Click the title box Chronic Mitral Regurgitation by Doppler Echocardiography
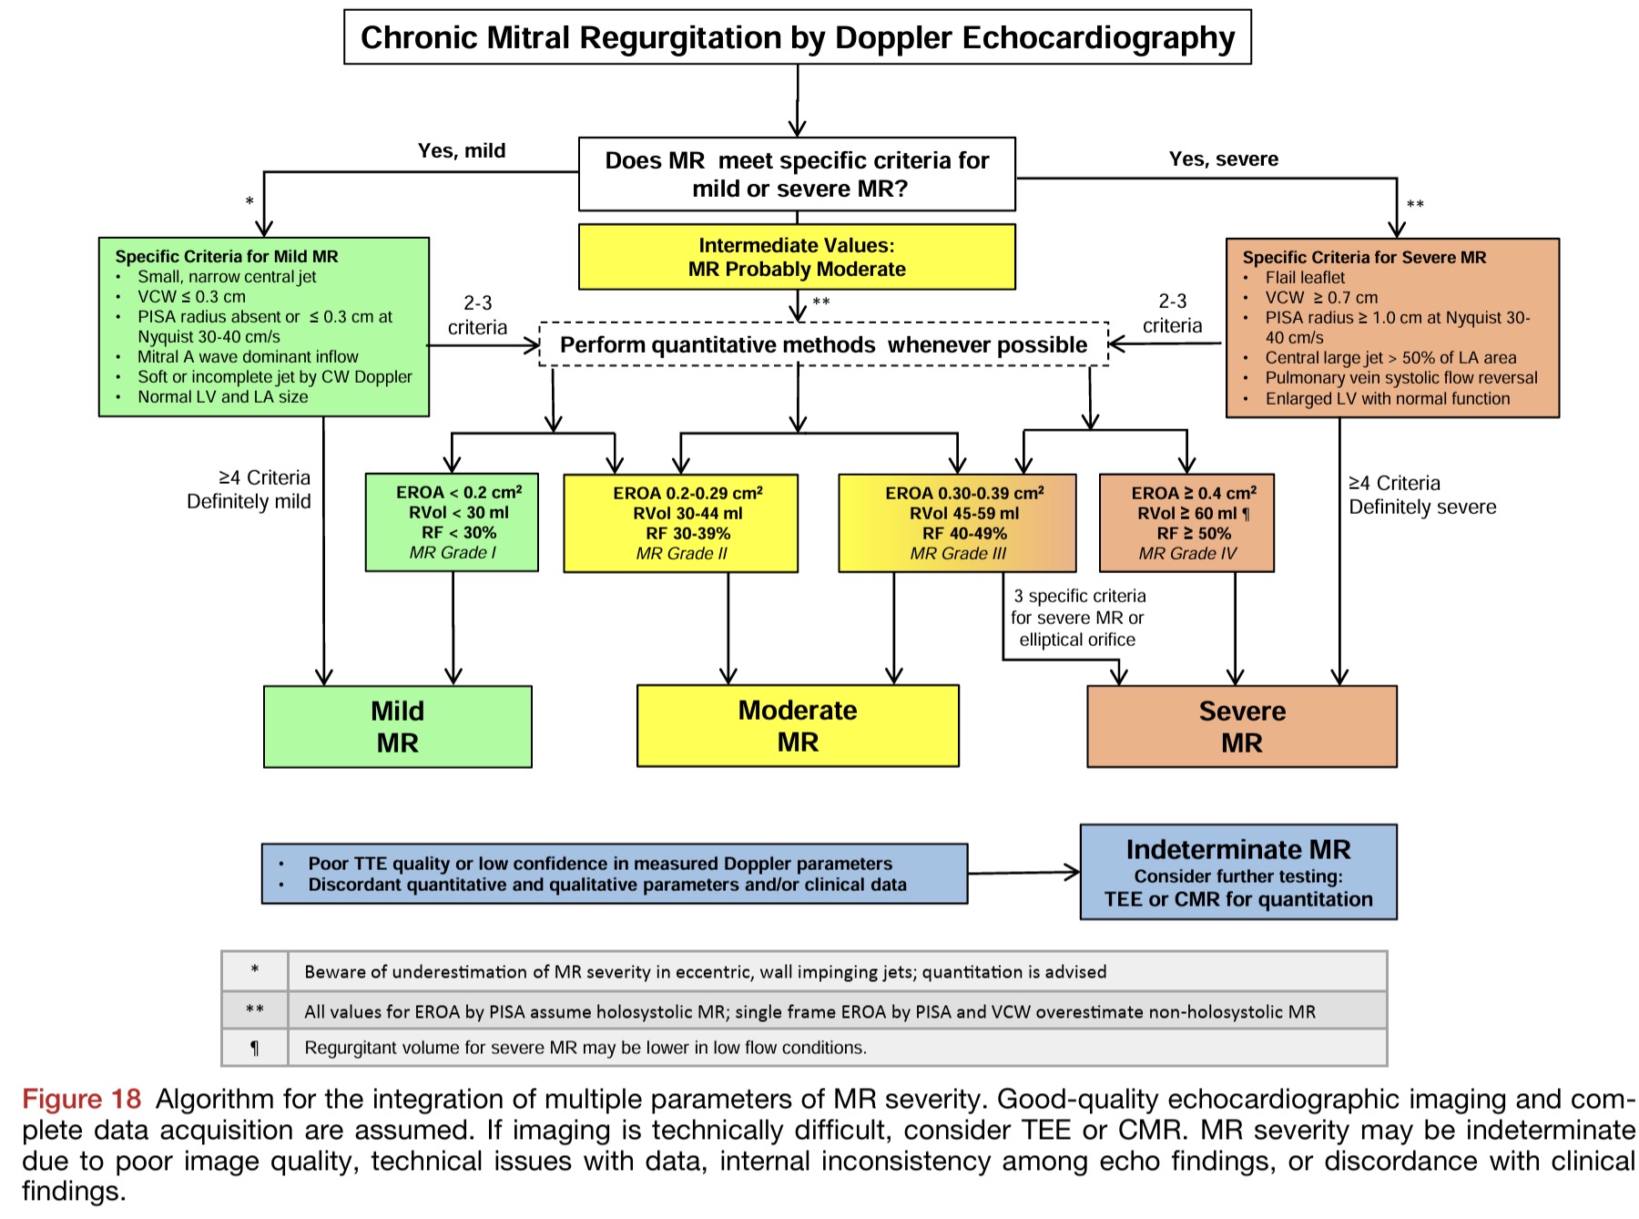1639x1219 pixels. pyautogui.click(x=797, y=37)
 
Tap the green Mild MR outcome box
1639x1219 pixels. pyautogui.click(x=397, y=726)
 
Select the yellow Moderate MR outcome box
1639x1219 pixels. pyautogui.click(x=798, y=726)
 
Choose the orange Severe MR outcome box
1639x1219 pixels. pyautogui.click(x=1241, y=726)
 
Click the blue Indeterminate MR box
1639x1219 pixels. pyautogui.click(x=1237, y=872)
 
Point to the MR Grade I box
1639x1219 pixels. pyautogui.click(x=452, y=522)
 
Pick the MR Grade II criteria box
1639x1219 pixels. pyautogui.click(x=680, y=523)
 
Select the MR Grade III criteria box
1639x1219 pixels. pyautogui.click(x=957, y=523)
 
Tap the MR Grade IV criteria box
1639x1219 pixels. pyautogui.click(x=1186, y=523)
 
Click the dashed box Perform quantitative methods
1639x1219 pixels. pyautogui.click(x=823, y=344)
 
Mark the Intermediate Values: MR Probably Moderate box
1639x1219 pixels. pyautogui.click(x=797, y=257)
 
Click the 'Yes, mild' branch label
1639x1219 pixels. pyautogui.click(x=462, y=151)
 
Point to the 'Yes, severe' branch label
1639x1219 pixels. pyautogui.click(x=1223, y=159)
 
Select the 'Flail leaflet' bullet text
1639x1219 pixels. pyautogui.click(x=1304, y=278)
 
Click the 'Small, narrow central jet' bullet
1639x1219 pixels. pyautogui.click(x=227, y=277)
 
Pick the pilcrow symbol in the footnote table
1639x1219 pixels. pyautogui.click(x=255, y=1048)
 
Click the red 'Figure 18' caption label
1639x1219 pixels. pyautogui.click(x=82, y=1099)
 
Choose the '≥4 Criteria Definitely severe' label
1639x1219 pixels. pyautogui.click(x=1421, y=495)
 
